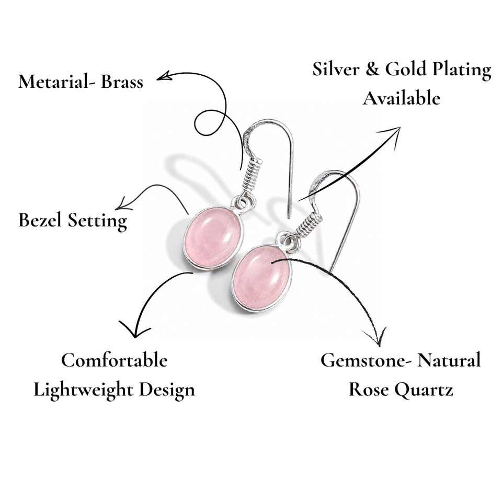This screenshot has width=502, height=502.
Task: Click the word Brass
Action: point(122,82)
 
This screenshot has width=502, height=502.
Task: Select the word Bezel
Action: point(40,220)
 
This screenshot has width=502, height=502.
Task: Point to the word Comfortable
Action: point(115,360)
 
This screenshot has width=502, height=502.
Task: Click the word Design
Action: point(167,390)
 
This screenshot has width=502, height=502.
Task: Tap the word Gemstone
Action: point(363,360)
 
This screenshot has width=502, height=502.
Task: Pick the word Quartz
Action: point(423,390)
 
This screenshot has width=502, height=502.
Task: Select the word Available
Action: point(402,98)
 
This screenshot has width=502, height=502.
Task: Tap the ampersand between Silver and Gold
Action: point(372,69)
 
